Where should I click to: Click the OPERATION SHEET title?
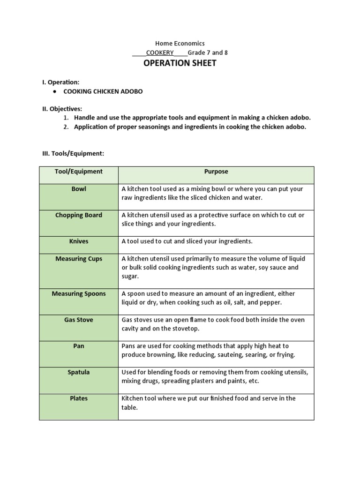coord(180,63)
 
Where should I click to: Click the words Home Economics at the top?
coord(180,43)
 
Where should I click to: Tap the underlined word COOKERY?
coord(160,52)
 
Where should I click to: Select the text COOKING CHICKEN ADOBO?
coord(103,91)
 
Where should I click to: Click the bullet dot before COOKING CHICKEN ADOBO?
coord(55,91)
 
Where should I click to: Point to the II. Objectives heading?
coord(62,109)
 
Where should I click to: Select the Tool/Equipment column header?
coord(79,172)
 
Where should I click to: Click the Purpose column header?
coord(216,172)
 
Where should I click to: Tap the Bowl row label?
coord(79,189)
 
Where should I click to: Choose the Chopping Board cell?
coord(79,215)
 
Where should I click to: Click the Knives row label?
coord(79,241)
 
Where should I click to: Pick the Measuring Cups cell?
coord(79,259)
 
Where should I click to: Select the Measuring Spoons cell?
coord(79,294)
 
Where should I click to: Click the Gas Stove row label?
coord(79,320)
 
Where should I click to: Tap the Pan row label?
coord(79,346)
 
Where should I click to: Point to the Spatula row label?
coord(79,372)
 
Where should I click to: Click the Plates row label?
coord(79,398)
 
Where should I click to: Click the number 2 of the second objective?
coord(66,127)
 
